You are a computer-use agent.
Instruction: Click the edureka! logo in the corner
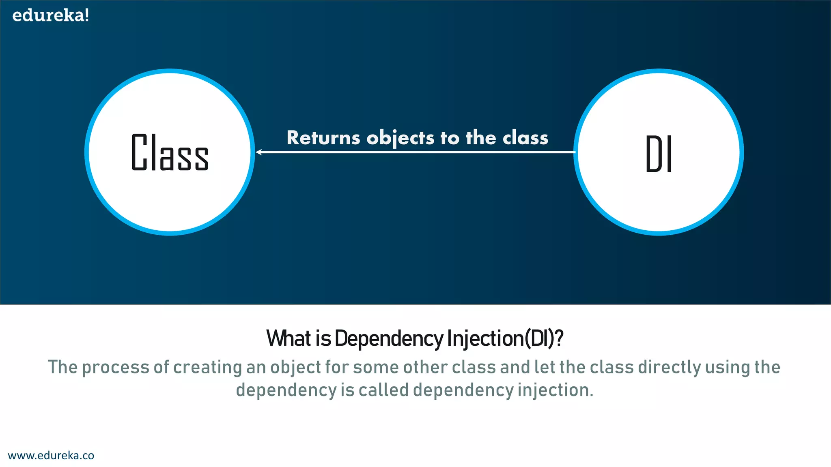point(51,15)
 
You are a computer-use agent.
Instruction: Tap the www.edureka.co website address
point(51,455)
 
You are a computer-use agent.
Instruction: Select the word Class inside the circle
point(170,152)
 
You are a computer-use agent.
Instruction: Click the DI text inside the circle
point(659,154)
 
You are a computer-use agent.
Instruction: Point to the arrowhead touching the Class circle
point(259,152)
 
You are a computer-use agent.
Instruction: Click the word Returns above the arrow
point(323,138)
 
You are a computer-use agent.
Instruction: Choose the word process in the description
point(116,368)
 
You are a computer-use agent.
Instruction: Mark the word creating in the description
point(208,368)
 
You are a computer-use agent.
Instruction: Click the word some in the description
point(376,367)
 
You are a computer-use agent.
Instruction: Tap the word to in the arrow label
point(450,138)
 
